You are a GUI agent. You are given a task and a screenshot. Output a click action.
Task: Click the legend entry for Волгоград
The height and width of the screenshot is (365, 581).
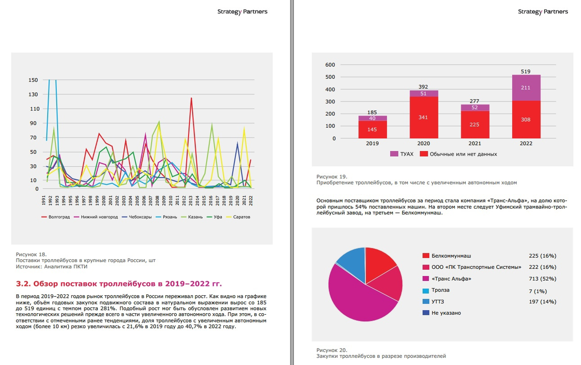(x=58, y=217)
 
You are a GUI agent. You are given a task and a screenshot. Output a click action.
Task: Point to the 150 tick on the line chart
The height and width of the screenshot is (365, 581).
(x=33, y=80)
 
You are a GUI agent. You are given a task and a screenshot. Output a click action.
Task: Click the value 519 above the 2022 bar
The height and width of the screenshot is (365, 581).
(x=526, y=71)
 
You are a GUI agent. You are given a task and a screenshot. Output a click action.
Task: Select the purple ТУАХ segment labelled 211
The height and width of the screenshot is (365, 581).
(x=526, y=88)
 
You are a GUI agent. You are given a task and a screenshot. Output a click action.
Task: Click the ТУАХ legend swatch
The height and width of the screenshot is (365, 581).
(x=394, y=154)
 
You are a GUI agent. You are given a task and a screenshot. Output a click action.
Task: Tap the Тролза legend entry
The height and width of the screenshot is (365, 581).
(x=441, y=290)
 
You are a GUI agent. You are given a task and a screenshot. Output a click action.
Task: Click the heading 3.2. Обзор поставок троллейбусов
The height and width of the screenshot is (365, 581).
(x=119, y=283)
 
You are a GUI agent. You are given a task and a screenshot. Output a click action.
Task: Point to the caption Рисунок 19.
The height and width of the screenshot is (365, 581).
(x=331, y=177)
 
